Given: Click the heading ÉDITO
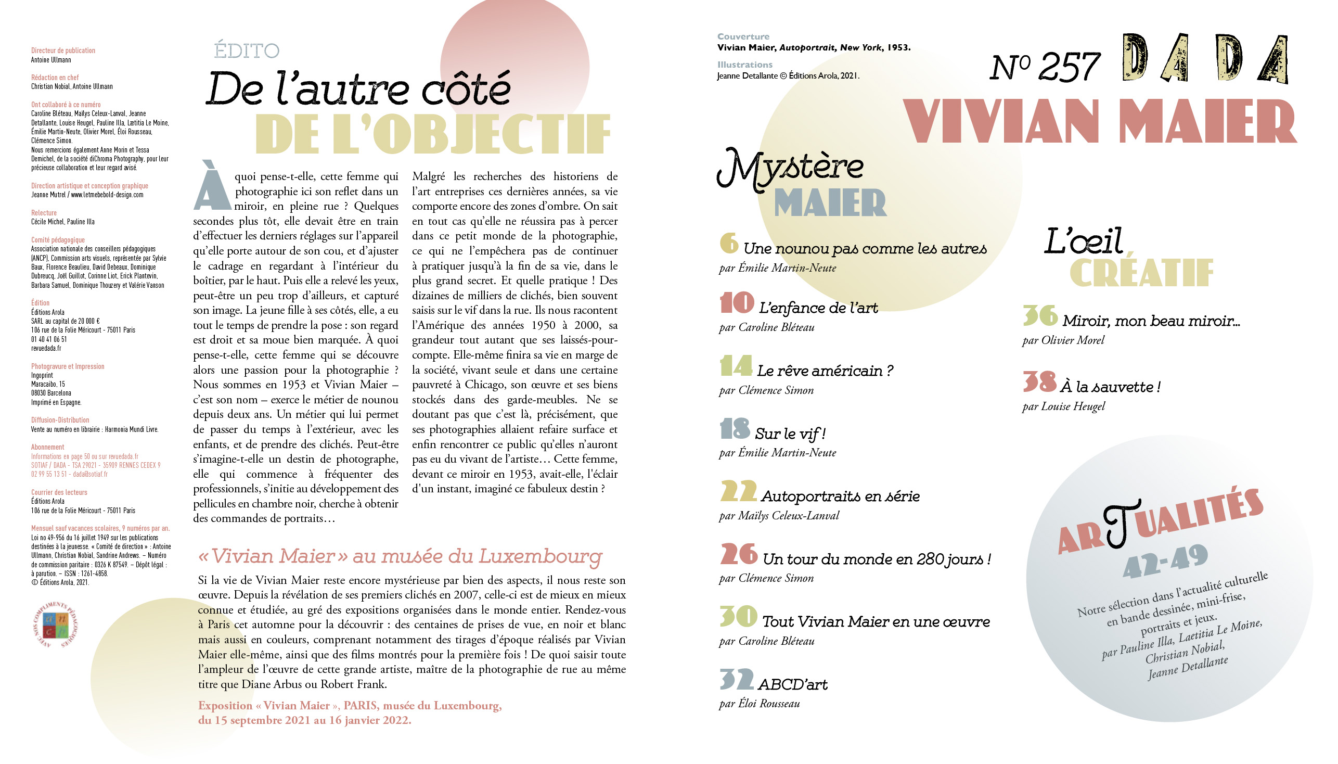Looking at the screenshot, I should pos(247,51).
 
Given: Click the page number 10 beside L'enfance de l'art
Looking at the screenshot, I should pos(737,303).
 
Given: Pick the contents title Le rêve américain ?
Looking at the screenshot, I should pos(825,371).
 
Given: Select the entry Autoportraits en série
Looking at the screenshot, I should pos(840,496).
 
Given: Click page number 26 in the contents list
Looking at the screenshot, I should pos(739,554).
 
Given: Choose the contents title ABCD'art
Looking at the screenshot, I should pos(792,684).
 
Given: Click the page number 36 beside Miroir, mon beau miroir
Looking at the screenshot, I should pos(1039,315).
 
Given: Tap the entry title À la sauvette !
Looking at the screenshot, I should pos(1110,387).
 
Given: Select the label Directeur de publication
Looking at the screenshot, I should pos(63,50).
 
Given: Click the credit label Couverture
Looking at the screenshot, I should pos(743,37).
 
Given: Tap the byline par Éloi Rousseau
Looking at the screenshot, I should pos(759,704).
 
